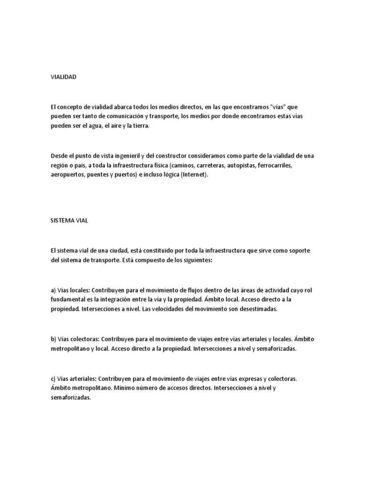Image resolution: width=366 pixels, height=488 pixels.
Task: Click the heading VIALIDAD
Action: point(63,76)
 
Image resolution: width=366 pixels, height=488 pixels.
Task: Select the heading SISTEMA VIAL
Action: point(70,221)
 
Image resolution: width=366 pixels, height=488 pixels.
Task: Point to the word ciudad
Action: point(114,250)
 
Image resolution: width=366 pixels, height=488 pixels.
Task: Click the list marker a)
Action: point(53,290)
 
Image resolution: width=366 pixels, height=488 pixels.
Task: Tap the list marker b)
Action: point(53,339)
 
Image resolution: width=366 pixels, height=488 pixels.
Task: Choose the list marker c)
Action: point(53,378)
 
